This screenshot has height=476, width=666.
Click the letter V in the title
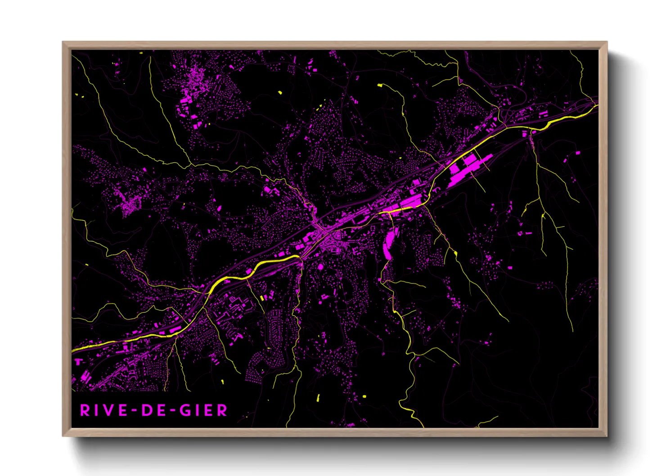(107, 410)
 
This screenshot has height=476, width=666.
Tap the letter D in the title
(147, 410)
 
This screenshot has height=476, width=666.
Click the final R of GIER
(222, 410)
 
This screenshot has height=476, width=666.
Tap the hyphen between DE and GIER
(172, 411)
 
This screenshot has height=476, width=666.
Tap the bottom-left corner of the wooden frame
(63, 436)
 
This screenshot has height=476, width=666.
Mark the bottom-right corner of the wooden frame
(607, 436)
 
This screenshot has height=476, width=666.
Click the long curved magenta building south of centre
(388, 243)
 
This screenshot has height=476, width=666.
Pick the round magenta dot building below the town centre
(320, 267)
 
